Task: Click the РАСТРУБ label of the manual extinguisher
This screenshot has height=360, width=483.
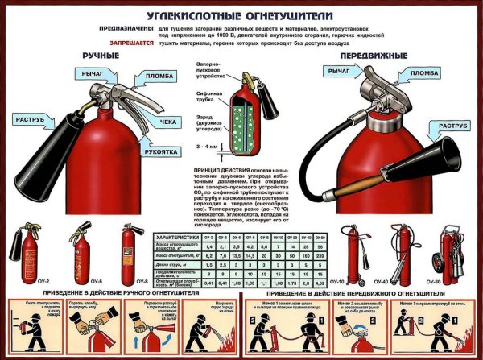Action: click(x=33, y=119)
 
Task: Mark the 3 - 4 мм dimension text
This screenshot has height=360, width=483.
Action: click(x=208, y=146)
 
